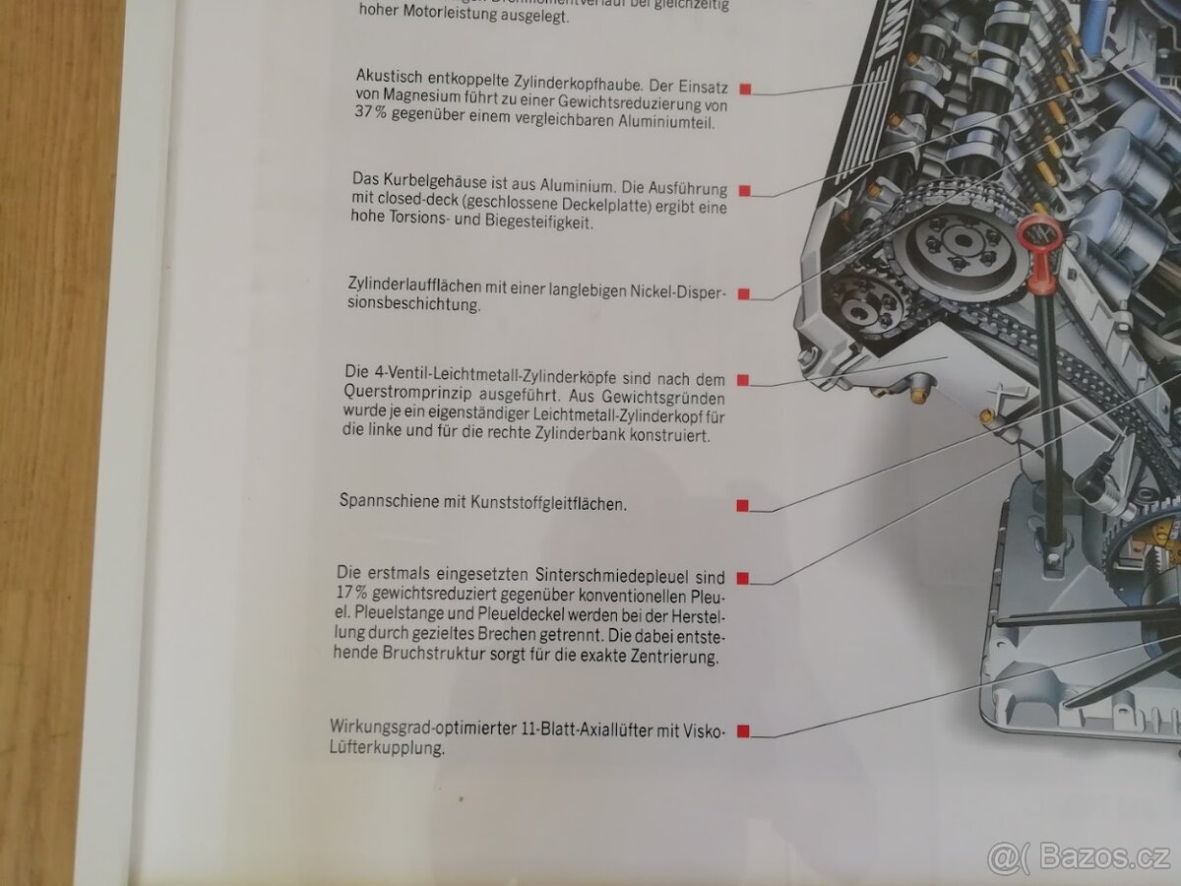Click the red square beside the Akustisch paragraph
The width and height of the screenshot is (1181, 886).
coord(746,89)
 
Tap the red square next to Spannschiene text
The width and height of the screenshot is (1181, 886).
coord(743,505)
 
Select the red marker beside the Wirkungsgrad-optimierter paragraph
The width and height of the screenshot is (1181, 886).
coord(743,730)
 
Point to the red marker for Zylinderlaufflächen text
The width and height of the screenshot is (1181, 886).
coord(744,293)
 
